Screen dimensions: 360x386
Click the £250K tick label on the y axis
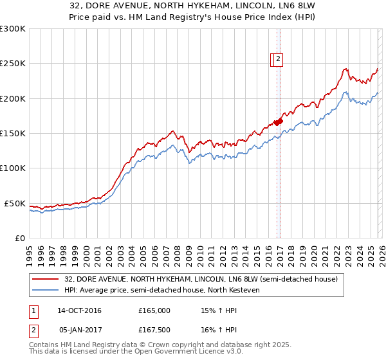point(13,64)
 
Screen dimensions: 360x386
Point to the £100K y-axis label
point(13,168)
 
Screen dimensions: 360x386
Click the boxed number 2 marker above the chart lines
point(278,59)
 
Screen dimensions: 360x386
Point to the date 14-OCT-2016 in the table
point(79,310)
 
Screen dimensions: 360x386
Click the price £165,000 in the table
point(154,310)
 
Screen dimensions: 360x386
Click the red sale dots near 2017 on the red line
point(278,122)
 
